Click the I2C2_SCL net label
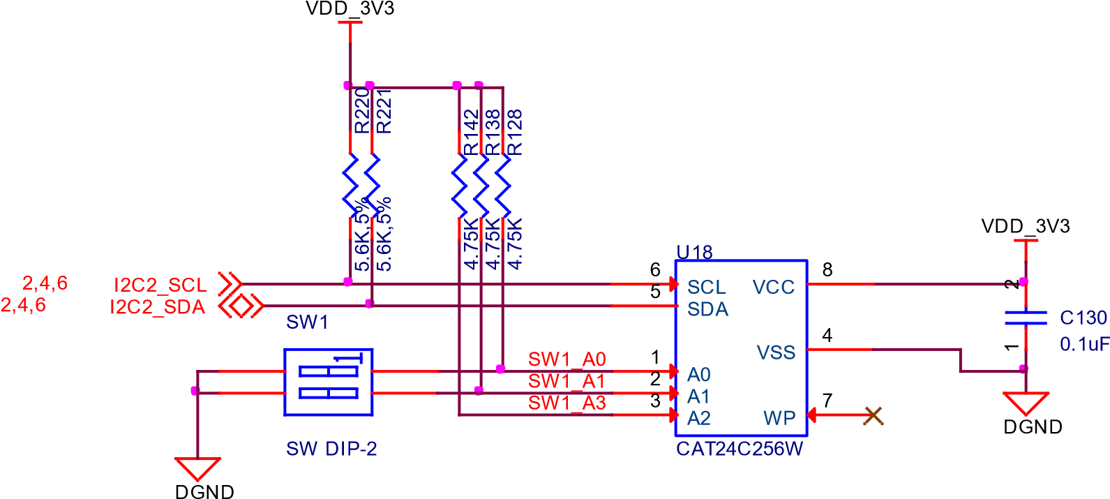[160, 285]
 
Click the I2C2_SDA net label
[158, 308]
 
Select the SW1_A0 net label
[567, 359]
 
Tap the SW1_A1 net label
[567, 381]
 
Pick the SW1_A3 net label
[567, 403]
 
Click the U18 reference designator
[694, 253]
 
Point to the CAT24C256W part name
[740, 449]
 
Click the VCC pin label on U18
[774, 288]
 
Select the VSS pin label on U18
[777, 352]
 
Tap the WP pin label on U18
[779, 418]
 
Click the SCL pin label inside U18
[706, 288]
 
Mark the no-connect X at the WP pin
[873, 416]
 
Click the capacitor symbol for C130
[1025, 318]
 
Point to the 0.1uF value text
[1083, 344]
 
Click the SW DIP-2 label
[331, 449]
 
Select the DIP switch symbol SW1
[328, 382]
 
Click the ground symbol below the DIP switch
[197, 468]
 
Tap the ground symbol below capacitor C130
[1026, 403]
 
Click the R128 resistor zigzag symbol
[502, 187]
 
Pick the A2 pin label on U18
[698, 419]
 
